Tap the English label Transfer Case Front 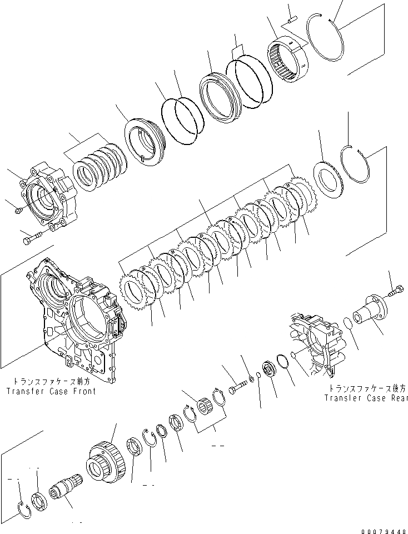51,391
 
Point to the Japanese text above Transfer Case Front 51,382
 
